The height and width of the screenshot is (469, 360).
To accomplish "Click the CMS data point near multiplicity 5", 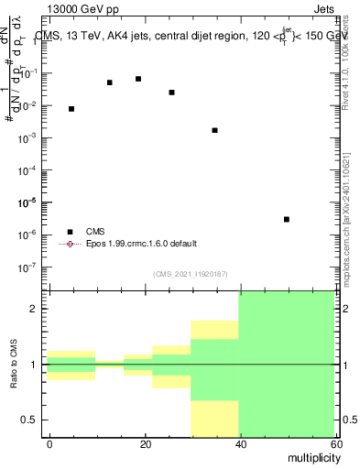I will point(71,109).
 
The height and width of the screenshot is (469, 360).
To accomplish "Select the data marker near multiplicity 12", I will point(110,82).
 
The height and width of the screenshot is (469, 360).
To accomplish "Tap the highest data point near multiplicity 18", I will point(138,79).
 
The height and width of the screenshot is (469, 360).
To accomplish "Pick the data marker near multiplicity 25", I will point(171,93).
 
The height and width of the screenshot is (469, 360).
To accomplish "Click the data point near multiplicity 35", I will point(214,130).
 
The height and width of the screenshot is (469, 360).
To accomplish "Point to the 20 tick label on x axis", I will point(146,443).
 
